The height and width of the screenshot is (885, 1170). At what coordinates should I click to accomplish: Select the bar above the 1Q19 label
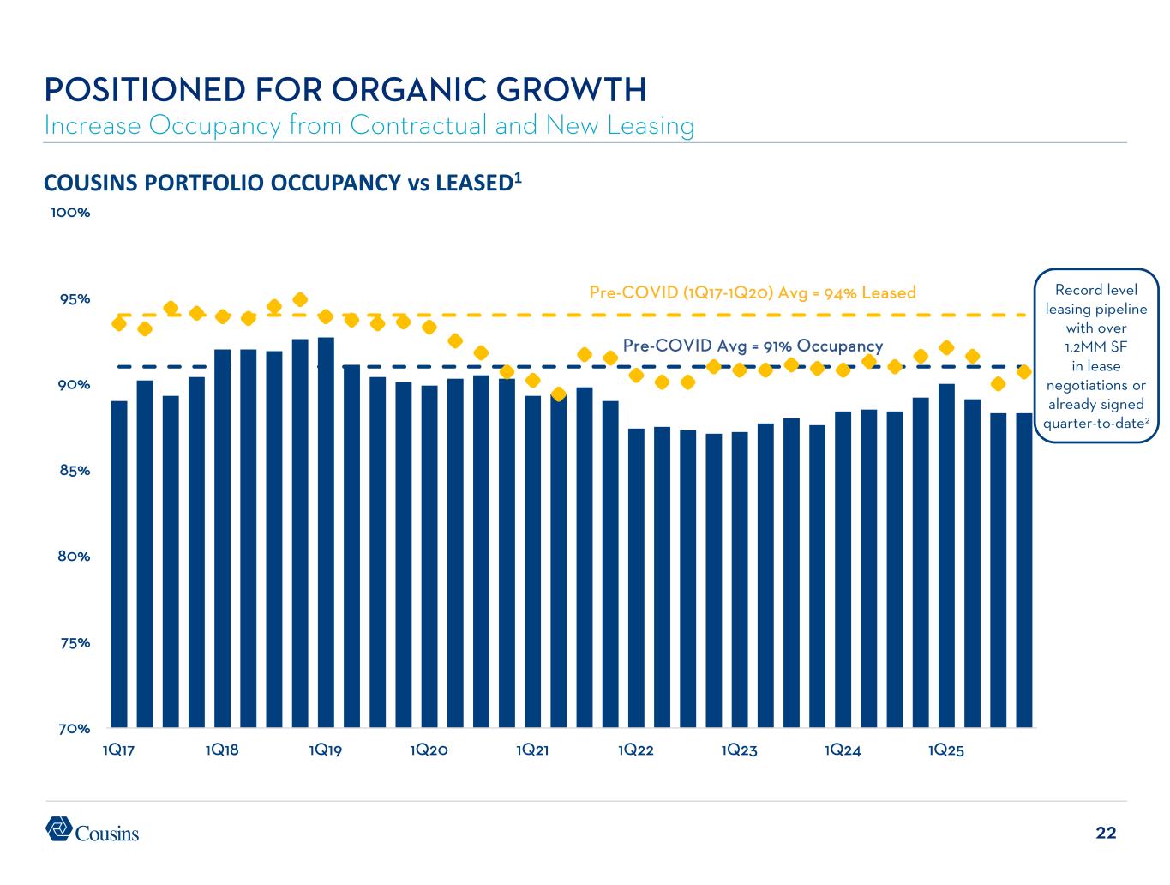click(326, 532)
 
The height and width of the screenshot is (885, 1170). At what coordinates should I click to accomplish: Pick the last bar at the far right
click(1023, 569)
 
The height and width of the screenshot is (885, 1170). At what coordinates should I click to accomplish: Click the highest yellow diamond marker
click(300, 299)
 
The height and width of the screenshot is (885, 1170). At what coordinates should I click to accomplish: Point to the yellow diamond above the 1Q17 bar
click(119, 323)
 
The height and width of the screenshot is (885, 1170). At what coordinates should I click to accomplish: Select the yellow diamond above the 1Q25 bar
click(946, 347)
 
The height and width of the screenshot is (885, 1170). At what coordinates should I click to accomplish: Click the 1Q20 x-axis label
click(429, 750)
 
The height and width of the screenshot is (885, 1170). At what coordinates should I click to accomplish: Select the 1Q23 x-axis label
click(739, 750)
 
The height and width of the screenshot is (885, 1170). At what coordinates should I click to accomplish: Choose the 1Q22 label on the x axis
click(635, 750)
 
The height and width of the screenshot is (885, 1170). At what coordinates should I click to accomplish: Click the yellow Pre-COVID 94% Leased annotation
click(752, 292)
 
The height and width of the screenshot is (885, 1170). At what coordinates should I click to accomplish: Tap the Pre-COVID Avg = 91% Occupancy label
click(752, 346)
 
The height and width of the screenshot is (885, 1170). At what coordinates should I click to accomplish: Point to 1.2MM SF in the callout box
click(1096, 347)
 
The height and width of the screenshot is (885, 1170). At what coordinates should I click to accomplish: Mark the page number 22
click(1106, 833)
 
